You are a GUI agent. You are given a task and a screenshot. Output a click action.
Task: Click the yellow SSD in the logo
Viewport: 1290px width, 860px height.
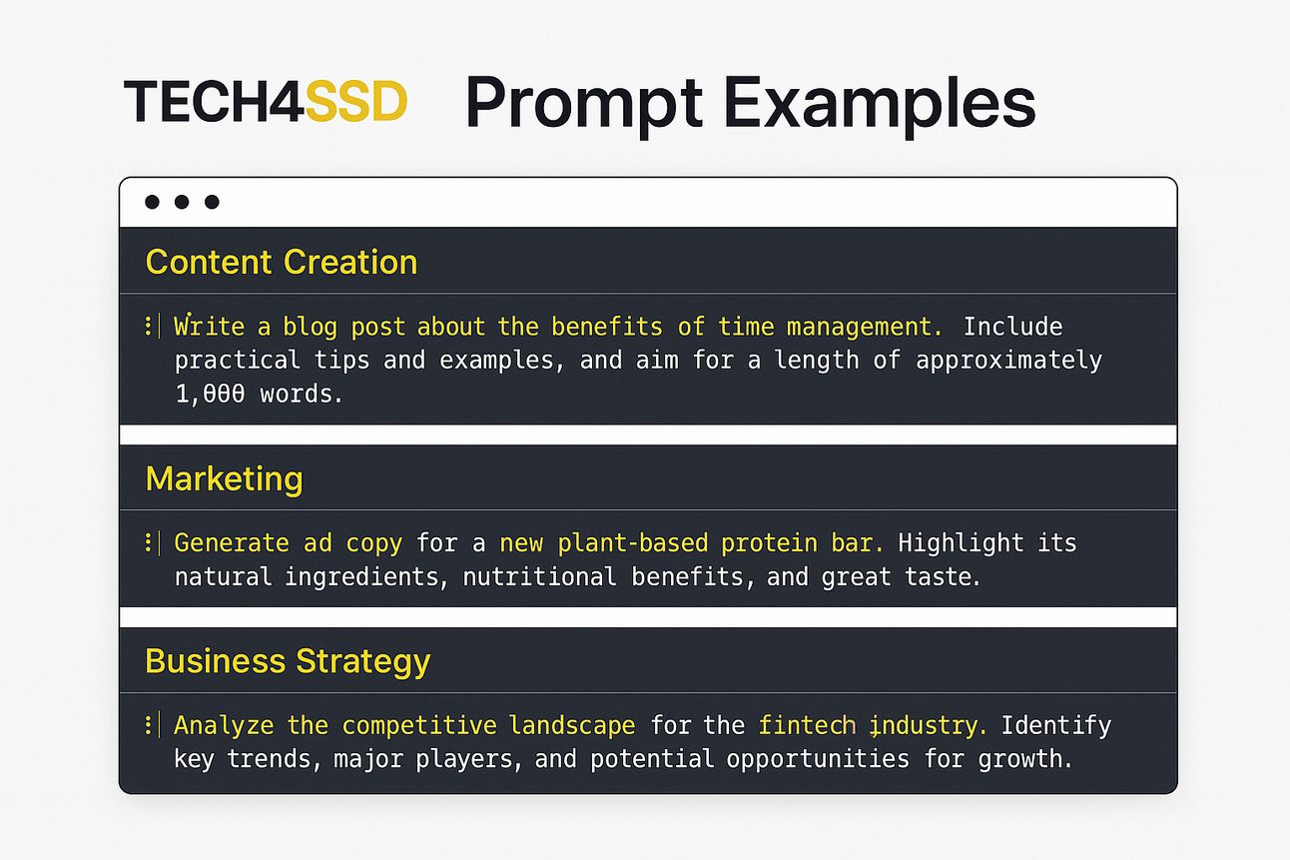pyautogui.click(x=355, y=101)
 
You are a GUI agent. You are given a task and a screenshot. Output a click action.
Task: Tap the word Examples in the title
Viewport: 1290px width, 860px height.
pyautogui.click(x=880, y=104)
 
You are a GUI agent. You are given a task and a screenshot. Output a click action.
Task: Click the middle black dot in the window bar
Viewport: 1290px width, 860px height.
pyautogui.click(x=182, y=202)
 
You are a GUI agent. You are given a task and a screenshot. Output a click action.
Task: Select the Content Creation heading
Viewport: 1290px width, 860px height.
pyautogui.click(x=281, y=263)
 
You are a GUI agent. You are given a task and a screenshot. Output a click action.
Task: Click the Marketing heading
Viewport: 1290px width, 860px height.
pyautogui.click(x=224, y=479)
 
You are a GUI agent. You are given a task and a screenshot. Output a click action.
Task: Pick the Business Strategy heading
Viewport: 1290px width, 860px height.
pyautogui.click(x=288, y=661)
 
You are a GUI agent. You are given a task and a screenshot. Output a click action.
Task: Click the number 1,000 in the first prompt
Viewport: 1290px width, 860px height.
pyautogui.click(x=210, y=395)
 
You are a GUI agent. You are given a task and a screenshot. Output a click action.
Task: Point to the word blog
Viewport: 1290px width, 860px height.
pyautogui.click(x=310, y=327)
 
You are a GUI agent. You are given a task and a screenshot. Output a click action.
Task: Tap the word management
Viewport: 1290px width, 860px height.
pyautogui.click(x=865, y=328)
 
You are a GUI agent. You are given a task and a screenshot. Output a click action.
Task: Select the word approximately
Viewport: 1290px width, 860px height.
pyautogui.click(x=1009, y=361)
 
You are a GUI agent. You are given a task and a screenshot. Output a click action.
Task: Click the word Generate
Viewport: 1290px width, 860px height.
pyautogui.click(x=232, y=543)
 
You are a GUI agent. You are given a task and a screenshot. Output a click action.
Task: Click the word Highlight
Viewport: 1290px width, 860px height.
pyautogui.click(x=961, y=543)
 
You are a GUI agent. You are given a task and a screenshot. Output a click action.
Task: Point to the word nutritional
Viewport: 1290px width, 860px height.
pyautogui.click(x=539, y=576)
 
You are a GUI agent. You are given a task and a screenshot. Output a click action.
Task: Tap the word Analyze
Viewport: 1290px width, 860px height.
pyautogui.click(x=224, y=725)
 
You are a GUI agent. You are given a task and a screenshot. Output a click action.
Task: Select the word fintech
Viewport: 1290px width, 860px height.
pyautogui.click(x=807, y=725)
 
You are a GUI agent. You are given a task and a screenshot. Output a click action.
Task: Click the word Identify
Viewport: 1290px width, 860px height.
pyautogui.click(x=1056, y=725)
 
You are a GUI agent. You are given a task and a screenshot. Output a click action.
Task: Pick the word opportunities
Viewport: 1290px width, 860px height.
pyautogui.click(x=818, y=759)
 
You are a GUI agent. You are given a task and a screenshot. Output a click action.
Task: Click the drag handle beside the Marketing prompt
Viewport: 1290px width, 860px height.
pyautogui.click(x=149, y=542)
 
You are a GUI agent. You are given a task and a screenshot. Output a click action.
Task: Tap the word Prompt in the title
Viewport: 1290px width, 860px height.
pyautogui.click(x=584, y=104)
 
